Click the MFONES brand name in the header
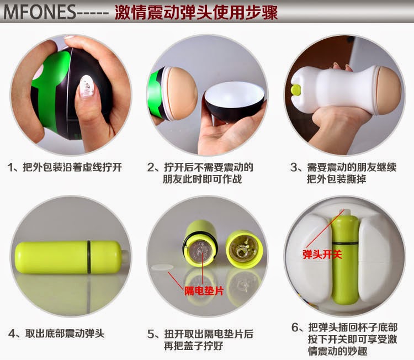pyautogui.click(x=40, y=12)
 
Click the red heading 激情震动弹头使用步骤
pyautogui.click(x=196, y=12)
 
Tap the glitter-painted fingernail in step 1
pyautogui.click(x=86, y=86)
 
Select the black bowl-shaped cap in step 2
pyautogui.click(x=234, y=100)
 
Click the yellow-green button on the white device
pyautogui.click(x=296, y=90)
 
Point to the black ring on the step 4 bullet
pyautogui.click(x=89, y=256)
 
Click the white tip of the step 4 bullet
pyautogui.click(x=125, y=256)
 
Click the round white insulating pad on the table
pyautogui.click(x=162, y=267)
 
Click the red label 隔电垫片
pyautogui.click(x=204, y=291)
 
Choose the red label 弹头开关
pyautogui.click(x=322, y=255)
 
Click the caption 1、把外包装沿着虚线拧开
pyautogui.click(x=65, y=167)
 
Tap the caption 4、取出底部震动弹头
pyautogui.click(x=56, y=333)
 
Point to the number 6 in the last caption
pyautogui.click(x=295, y=327)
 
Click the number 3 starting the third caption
pyautogui.click(x=294, y=167)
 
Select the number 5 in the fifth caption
pyautogui.click(x=151, y=335)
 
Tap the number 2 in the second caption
pyautogui.click(x=151, y=167)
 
